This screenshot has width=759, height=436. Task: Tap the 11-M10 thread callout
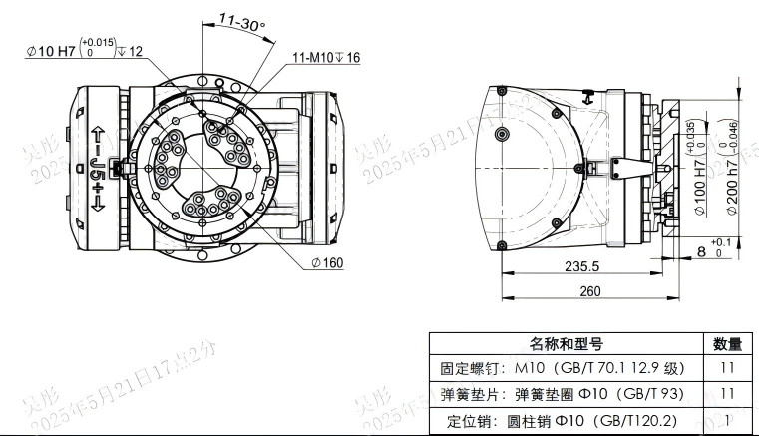[x=326, y=57]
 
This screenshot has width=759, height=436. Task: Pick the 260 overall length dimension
[x=590, y=292]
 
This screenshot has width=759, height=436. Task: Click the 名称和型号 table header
[x=566, y=344]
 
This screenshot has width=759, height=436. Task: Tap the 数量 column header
[x=727, y=344]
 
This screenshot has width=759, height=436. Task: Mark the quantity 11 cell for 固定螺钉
[x=727, y=368]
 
